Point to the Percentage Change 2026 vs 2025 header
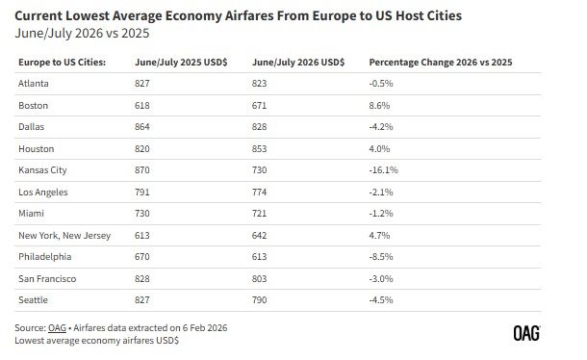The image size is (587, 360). click(x=441, y=62)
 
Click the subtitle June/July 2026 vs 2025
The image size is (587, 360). click(x=82, y=32)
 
